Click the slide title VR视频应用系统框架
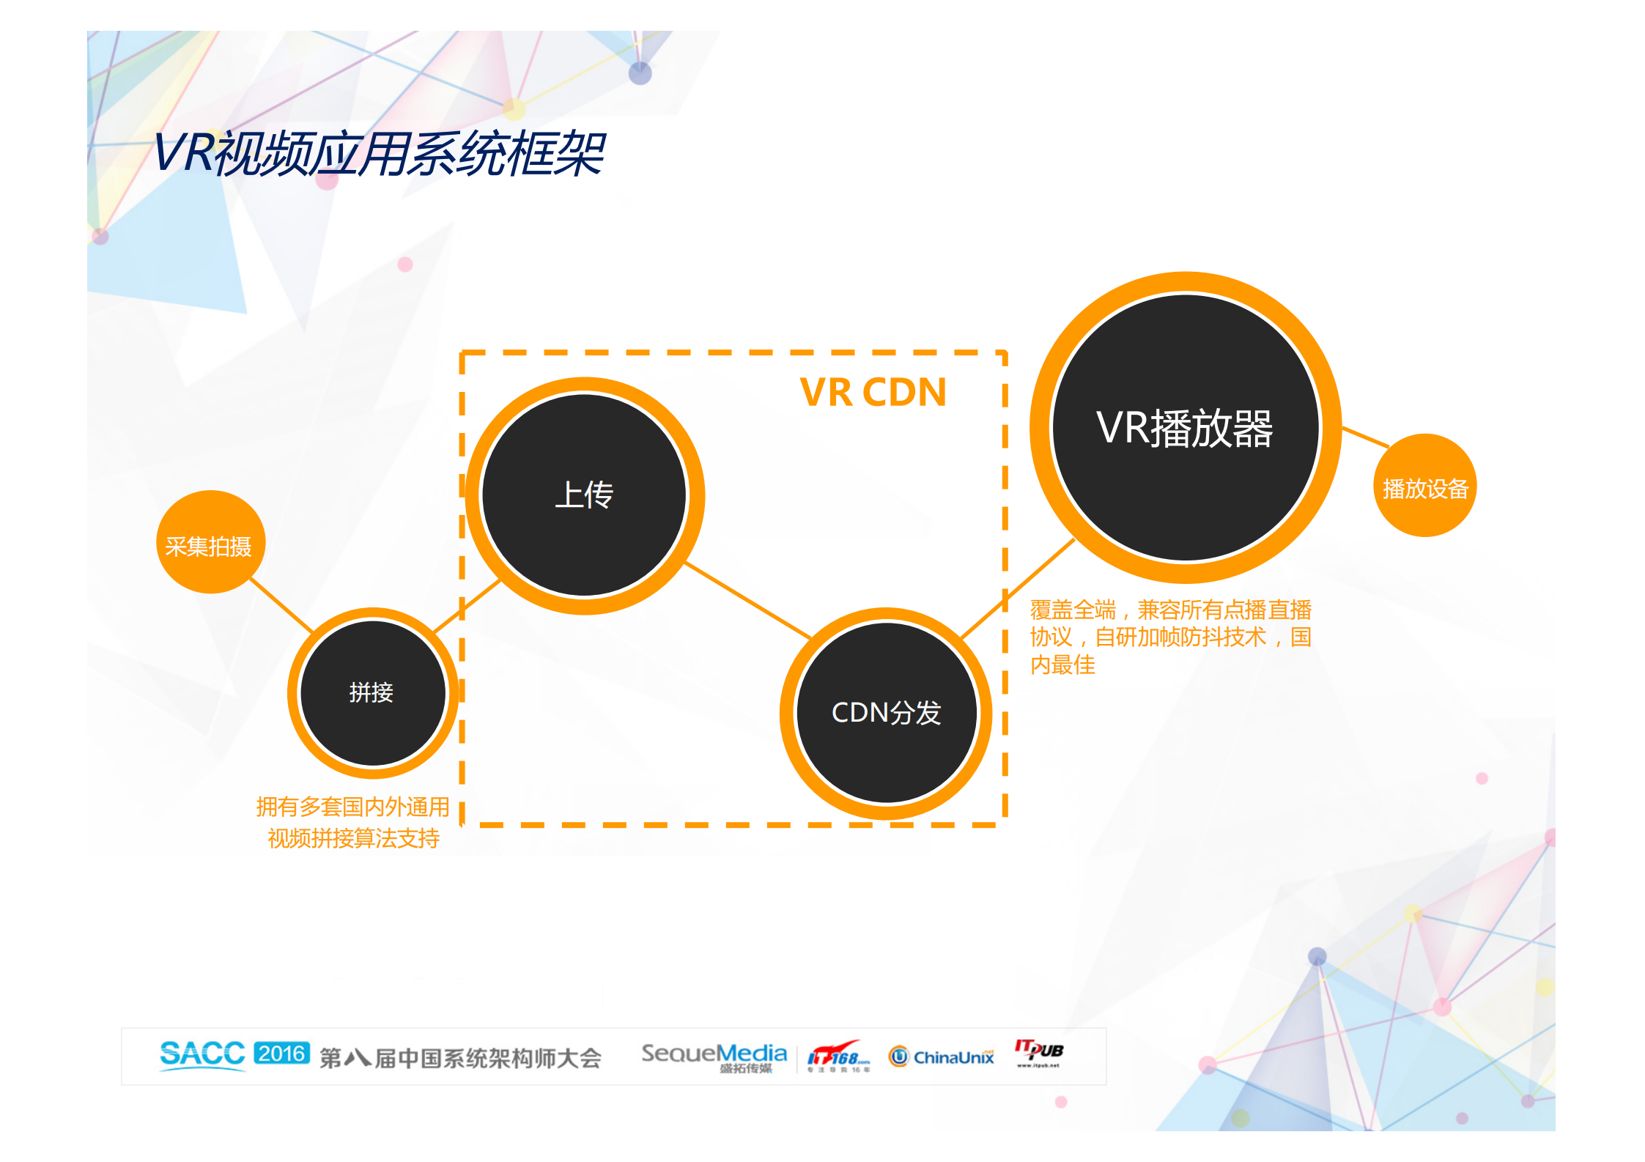point(378,154)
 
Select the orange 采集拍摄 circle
point(210,542)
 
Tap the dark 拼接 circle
point(372,692)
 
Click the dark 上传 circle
point(584,495)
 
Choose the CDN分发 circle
point(886,713)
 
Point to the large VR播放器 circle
point(1185,427)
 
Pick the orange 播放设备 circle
point(1424,486)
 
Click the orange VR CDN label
point(873,392)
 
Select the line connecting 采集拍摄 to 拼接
point(281,604)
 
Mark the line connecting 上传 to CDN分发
point(747,601)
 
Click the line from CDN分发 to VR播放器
point(1019,588)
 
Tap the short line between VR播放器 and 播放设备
point(1365,437)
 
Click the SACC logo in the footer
point(202,1054)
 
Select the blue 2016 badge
point(281,1053)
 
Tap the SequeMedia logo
point(714,1056)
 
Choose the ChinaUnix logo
point(942,1056)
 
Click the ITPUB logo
point(1038,1052)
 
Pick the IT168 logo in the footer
point(838,1057)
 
